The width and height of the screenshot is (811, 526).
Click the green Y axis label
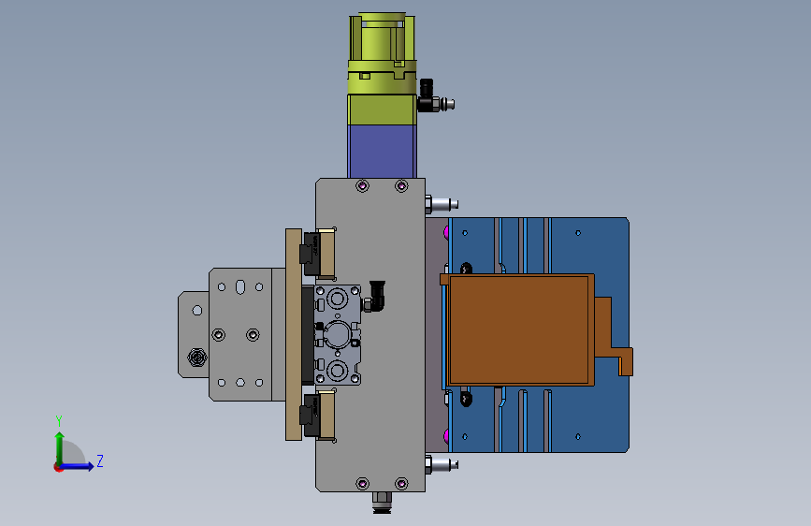[x=59, y=421]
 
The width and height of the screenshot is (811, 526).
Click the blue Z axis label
[x=100, y=460]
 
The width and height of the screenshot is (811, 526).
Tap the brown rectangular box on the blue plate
[x=519, y=329]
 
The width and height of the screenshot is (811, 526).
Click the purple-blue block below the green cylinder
[x=382, y=152]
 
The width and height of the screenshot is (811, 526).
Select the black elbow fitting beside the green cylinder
[x=428, y=95]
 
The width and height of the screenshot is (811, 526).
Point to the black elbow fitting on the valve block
[x=376, y=296]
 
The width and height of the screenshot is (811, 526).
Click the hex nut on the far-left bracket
[x=196, y=357]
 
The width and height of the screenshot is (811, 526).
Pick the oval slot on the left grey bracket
[x=240, y=286]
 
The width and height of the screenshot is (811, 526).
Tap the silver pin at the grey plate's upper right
[x=442, y=204]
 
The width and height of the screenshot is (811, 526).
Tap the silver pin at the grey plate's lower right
[x=442, y=464]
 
